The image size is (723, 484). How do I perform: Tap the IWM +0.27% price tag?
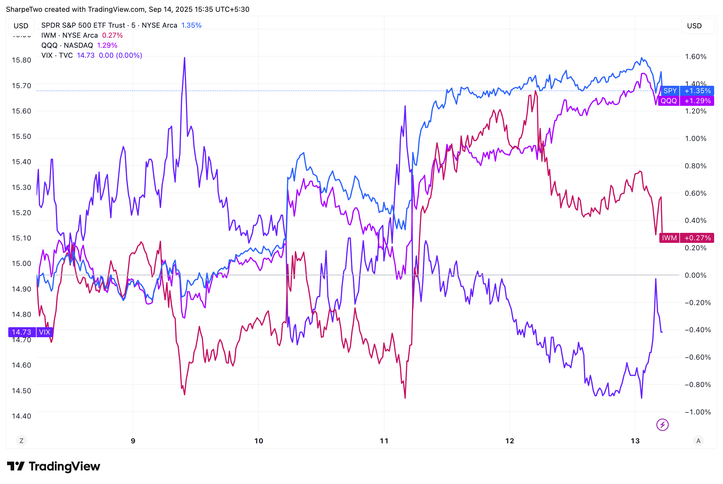tap(686, 238)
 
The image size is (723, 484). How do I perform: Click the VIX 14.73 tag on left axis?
tap(31, 332)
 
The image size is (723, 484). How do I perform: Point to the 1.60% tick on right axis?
tap(695, 57)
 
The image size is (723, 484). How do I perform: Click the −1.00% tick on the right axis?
tap(697, 412)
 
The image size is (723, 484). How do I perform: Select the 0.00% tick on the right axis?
tap(695, 275)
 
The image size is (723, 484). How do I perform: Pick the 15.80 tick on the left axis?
tap(21, 60)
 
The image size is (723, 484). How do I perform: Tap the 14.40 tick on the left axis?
tap(21, 416)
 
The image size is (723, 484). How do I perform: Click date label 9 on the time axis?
tap(133, 441)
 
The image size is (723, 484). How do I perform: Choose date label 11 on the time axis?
tap(384, 441)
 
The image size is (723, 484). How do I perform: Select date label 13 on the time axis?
tap(635, 441)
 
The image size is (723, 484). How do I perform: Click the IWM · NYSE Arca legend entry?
tap(70, 35)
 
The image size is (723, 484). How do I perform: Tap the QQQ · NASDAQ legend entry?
tap(67, 45)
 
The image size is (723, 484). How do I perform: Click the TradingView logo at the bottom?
tap(53, 466)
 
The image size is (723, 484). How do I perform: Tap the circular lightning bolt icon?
tap(662, 425)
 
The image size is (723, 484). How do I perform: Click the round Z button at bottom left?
tap(21, 441)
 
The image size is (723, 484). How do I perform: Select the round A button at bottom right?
tap(699, 441)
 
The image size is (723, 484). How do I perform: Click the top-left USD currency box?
tap(21, 26)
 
